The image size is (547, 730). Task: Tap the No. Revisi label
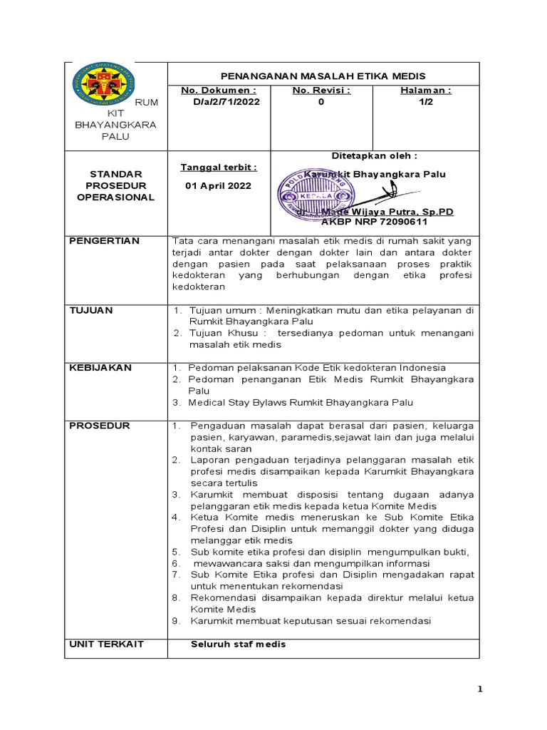pyautogui.click(x=321, y=91)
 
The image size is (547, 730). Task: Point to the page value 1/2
pyautogui.click(x=425, y=102)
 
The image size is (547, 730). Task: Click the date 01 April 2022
pyautogui.click(x=217, y=186)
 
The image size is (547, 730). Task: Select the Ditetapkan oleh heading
pyautogui.click(x=374, y=155)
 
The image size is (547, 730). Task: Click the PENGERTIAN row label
pyautogui.click(x=105, y=240)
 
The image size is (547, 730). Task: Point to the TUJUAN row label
pyautogui.click(x=90, y=310)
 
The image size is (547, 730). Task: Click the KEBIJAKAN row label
pyautogui.click(x=100, y=367)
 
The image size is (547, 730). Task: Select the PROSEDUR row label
pyautogui.click(x=100, y=426)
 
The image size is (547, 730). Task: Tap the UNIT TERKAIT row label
pyautogui.click(x=106, y=644)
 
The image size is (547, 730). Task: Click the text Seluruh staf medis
pyautogui.click(x=238, y=644)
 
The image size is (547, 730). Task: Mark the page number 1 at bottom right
pyautogui.click(x=480, y=689)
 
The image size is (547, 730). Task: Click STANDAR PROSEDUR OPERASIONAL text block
pyautogui.click(x=115, y=185)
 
